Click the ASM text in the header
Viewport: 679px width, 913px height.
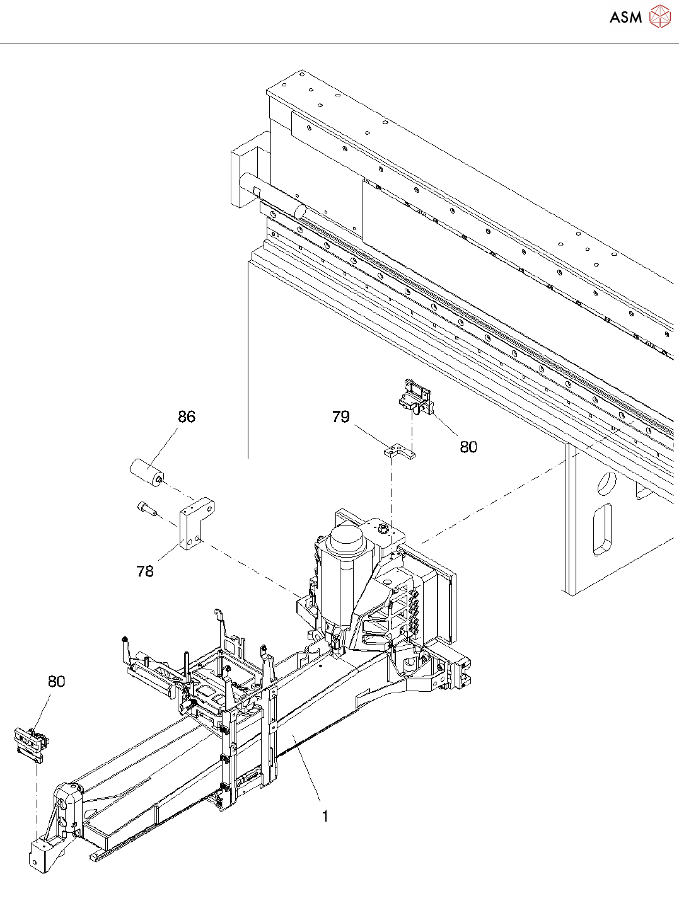click(x=625, y=18)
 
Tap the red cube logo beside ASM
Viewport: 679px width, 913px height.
click(x=660, y=17)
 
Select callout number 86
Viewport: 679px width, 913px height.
click(x=187, y=416)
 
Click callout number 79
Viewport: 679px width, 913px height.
click(x=340, y=416)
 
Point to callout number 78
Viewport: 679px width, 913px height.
click(x=145, y=571)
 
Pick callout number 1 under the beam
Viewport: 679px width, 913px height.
click(x=325, y=817)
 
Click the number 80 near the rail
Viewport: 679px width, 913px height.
click(x=468, y=447)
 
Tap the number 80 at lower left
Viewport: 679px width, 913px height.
click(x=57, y=681)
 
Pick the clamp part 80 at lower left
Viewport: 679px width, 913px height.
click(x=32, y=743)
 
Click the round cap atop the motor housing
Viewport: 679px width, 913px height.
click(x=345, y=536)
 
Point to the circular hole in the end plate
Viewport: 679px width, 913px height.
click(x=606, y=483)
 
